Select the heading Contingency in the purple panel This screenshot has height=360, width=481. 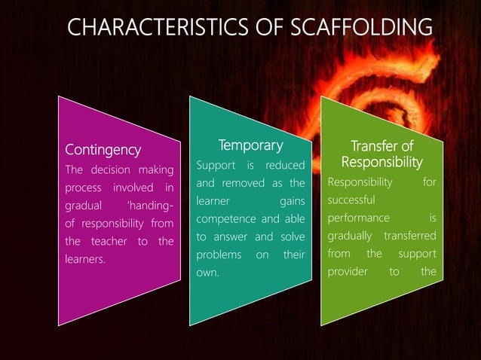coord(102,148)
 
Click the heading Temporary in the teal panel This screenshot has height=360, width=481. coord(250,145)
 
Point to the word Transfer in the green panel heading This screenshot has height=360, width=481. coord(370,145)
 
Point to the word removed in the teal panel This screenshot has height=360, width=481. coord(245,183)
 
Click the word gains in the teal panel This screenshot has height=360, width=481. coord(293,201)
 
